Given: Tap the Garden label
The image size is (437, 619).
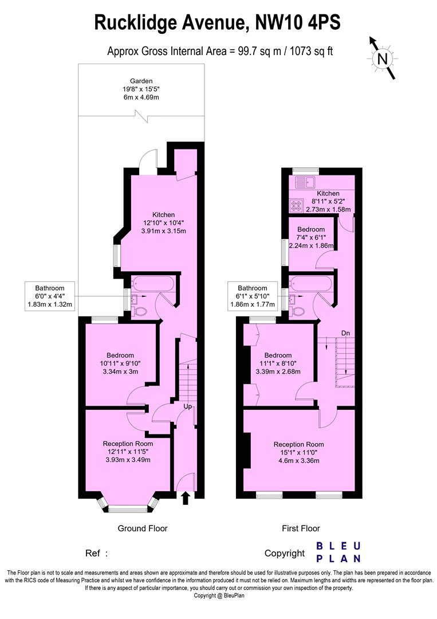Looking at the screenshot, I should click(141, 81).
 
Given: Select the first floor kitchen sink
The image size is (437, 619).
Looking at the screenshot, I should click(304, 183).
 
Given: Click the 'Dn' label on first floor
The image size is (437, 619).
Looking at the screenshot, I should click(345, 332).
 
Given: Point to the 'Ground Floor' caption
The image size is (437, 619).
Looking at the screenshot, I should click(143, 528).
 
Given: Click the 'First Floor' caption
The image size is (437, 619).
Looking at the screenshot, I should click(300, 528).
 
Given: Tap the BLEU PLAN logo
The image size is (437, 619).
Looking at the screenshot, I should click(338, 552).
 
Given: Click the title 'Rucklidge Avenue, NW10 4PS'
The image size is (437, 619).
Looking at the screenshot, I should click(217, 23).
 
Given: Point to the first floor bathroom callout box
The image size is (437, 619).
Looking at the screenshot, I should click(253, 296).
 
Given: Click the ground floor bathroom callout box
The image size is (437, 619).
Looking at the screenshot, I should click(50, 296).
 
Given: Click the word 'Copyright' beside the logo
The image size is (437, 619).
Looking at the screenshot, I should click(284, 553).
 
